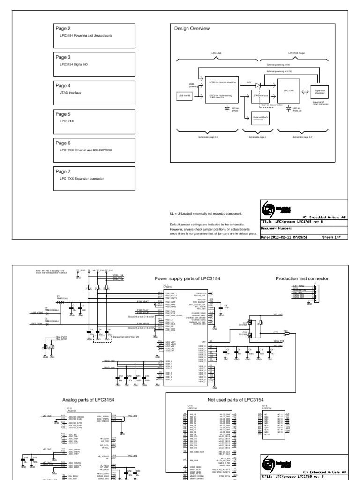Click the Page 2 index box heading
pyautogui.click(x=63, y=29)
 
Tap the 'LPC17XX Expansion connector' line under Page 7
pyautogui.click(x=82, y=179)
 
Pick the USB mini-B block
pyautogui.click(x=184, y=95)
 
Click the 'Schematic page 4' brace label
pyautogui.click(x=257, y=137)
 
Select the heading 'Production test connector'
pyautogui.click(x=303, y=278)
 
